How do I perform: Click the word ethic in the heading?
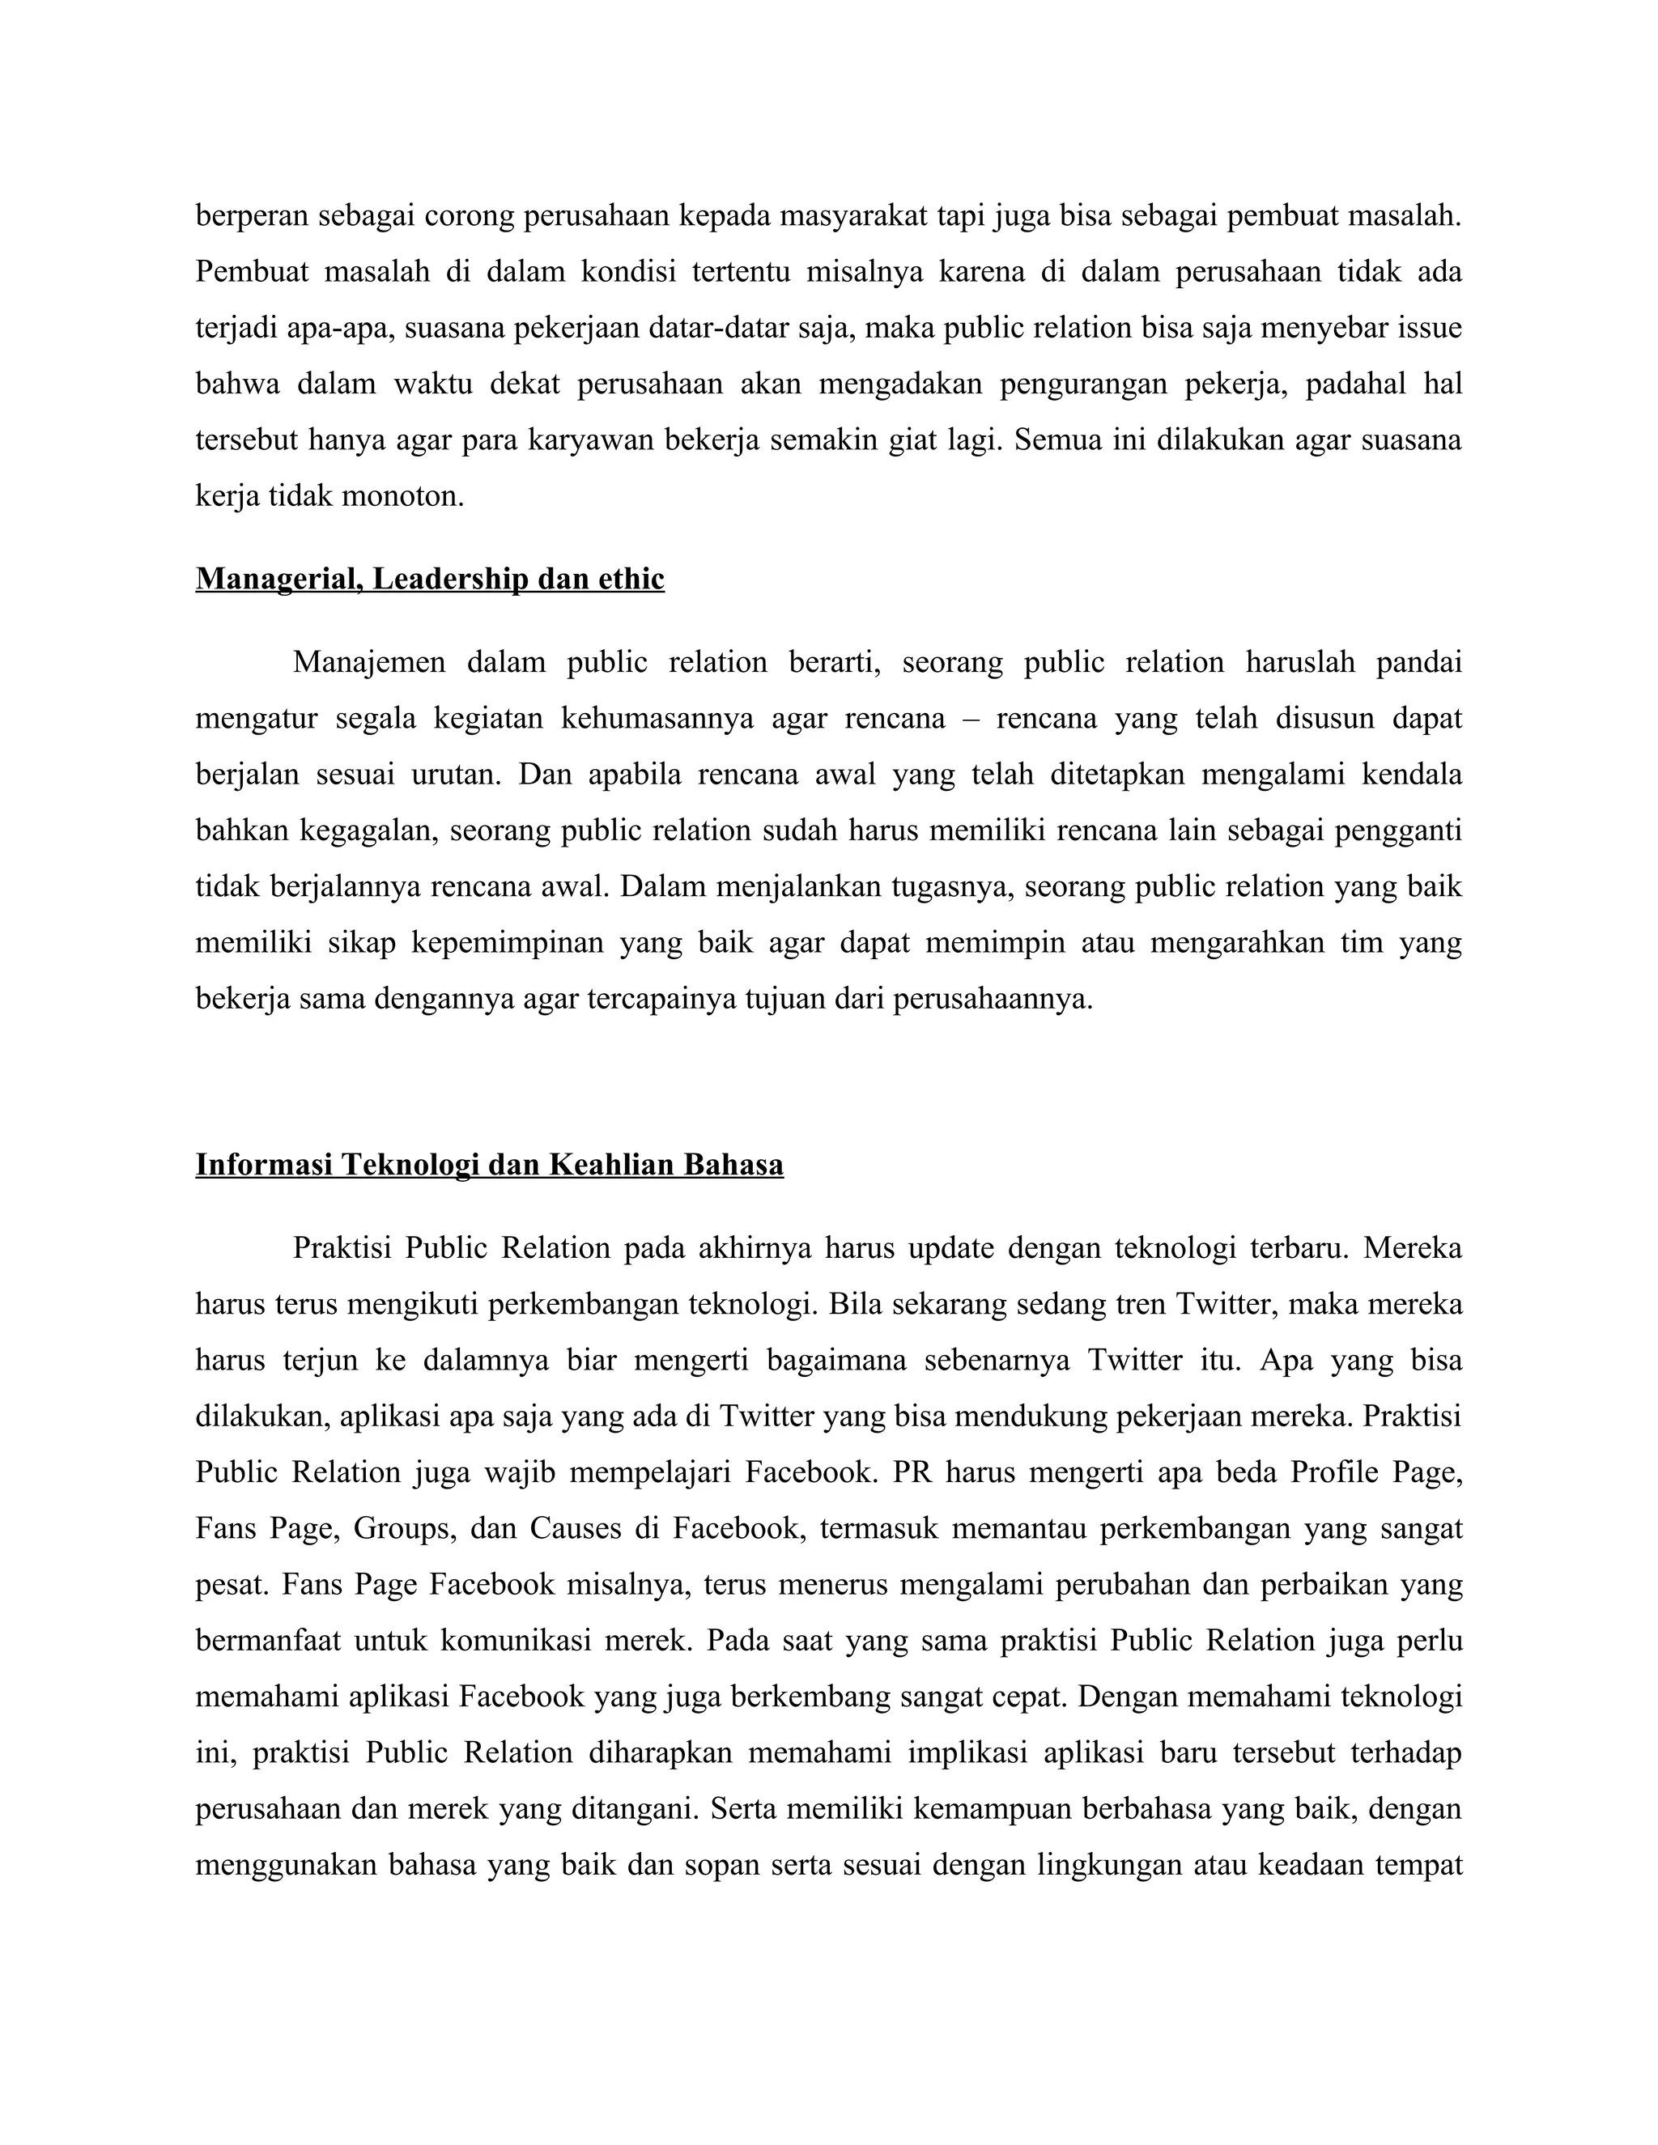click(x=630, y=580)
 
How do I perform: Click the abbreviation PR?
click(x=912, y=1472)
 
